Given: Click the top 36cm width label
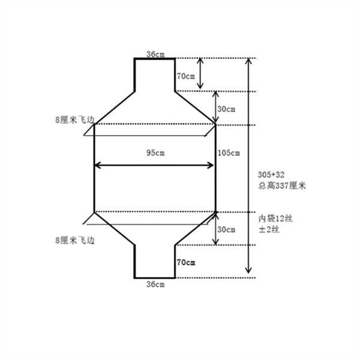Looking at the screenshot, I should (155, 55).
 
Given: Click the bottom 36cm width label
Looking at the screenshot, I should (155, 284).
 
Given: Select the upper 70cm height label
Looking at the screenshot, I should (185, 76).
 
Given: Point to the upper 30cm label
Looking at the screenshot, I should (226, 109).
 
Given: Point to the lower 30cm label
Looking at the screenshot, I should (226, 229).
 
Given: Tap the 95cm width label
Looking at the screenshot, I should (155, 153).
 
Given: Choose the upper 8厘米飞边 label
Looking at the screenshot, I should (74, 120).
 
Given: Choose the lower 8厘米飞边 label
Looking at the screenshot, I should (74, 239).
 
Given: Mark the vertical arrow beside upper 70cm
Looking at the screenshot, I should (200, 74).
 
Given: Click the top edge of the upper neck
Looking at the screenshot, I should (154, 58).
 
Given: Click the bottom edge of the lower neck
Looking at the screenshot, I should (154, 278).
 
